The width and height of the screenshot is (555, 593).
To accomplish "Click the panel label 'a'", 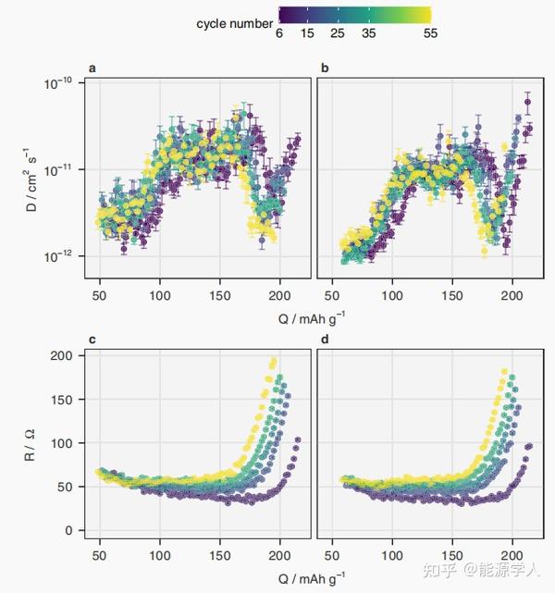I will (92, 68).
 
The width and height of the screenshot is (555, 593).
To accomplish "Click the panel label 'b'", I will (324, 68).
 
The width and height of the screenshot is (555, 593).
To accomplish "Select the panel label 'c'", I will (92, 340).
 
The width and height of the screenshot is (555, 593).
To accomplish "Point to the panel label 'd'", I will (324, 340).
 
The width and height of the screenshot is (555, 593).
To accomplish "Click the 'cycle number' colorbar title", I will (234, 23).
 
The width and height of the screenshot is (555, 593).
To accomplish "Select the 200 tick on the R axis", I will (62, 356).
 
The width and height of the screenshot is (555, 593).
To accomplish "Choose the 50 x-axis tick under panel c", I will (99, 557).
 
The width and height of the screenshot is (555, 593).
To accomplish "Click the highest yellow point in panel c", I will (274, 361).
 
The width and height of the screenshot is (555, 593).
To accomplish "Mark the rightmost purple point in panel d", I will (529, 446).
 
